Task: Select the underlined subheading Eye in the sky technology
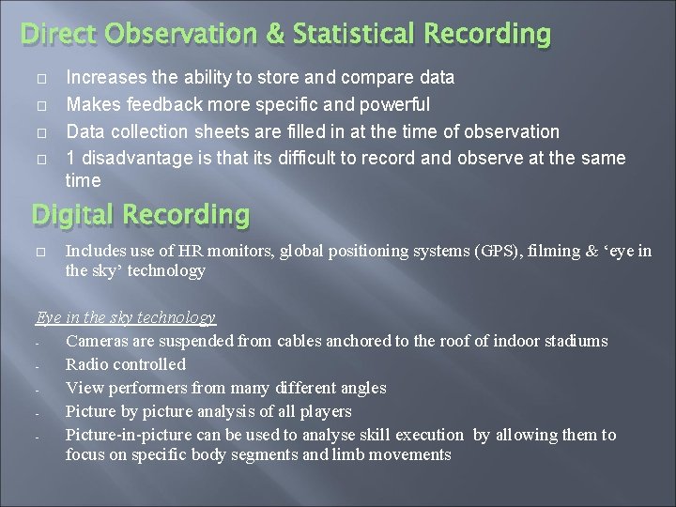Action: (x=126, y=317)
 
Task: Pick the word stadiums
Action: (x=575, y=341)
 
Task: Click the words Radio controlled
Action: (x=126, y=364)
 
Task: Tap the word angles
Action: (x=363, y=388)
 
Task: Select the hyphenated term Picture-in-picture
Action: (x=129, y=435)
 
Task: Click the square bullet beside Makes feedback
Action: (x=40, y=104)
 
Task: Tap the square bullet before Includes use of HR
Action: (x=40, y=252)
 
